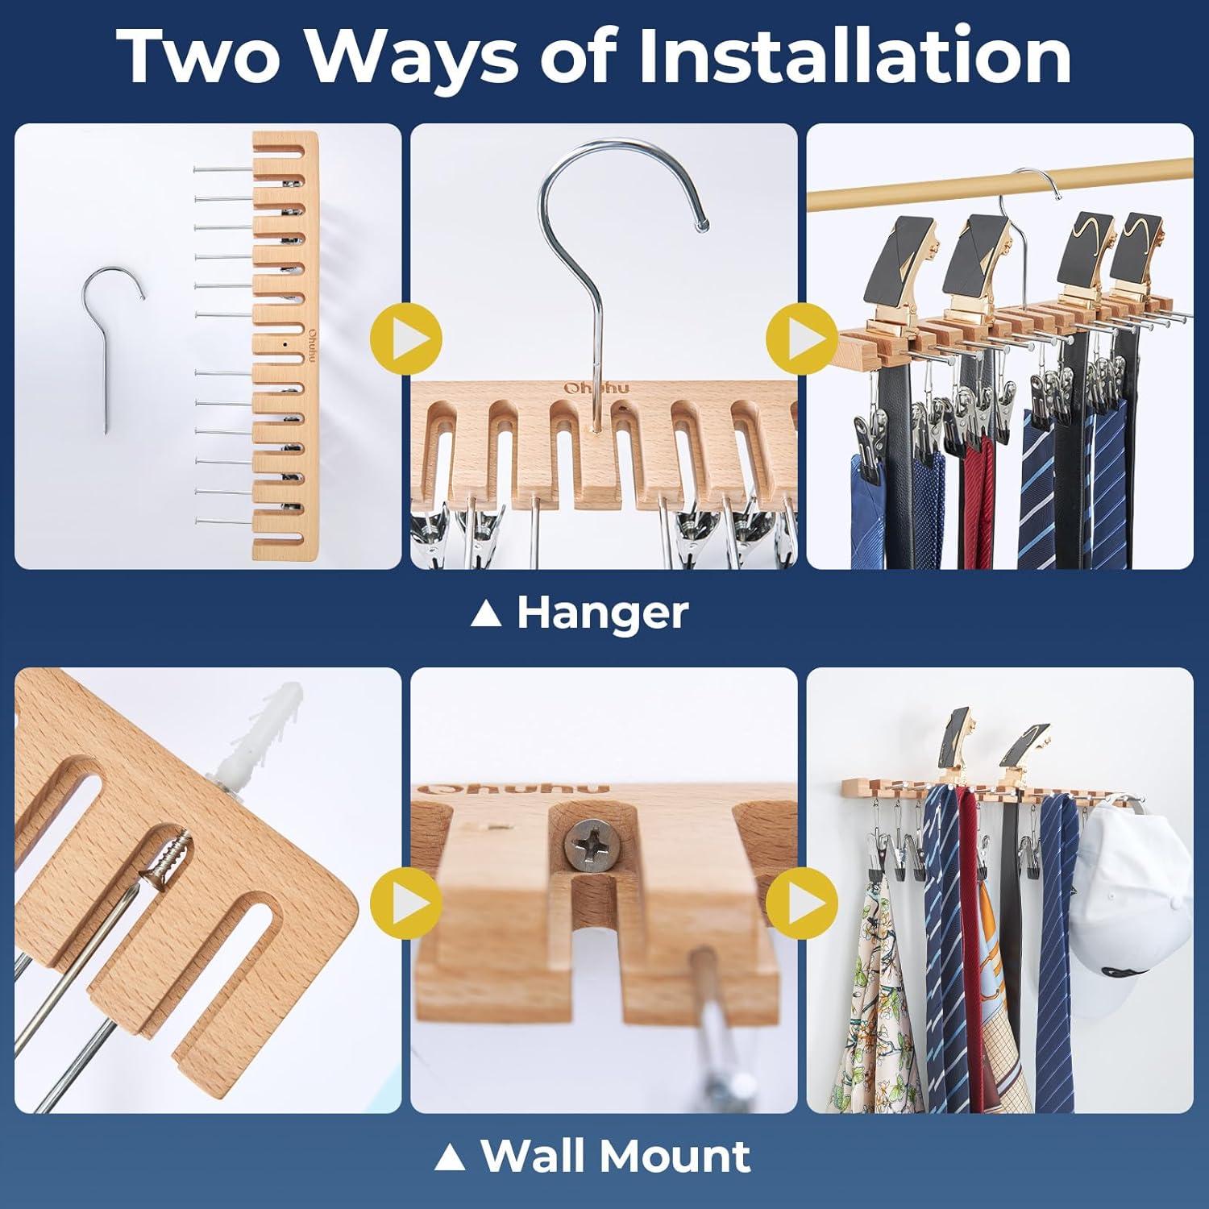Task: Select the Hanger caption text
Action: tap(602, 613)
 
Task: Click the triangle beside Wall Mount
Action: tap(451, 1157)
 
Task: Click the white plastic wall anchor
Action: tap(257, 733)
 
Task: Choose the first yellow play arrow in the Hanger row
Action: tap(406, 336)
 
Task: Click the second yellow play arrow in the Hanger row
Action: tap(802, 336)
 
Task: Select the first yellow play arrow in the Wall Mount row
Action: tap(406, 905)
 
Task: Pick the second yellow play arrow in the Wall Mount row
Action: tap(802, 905)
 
